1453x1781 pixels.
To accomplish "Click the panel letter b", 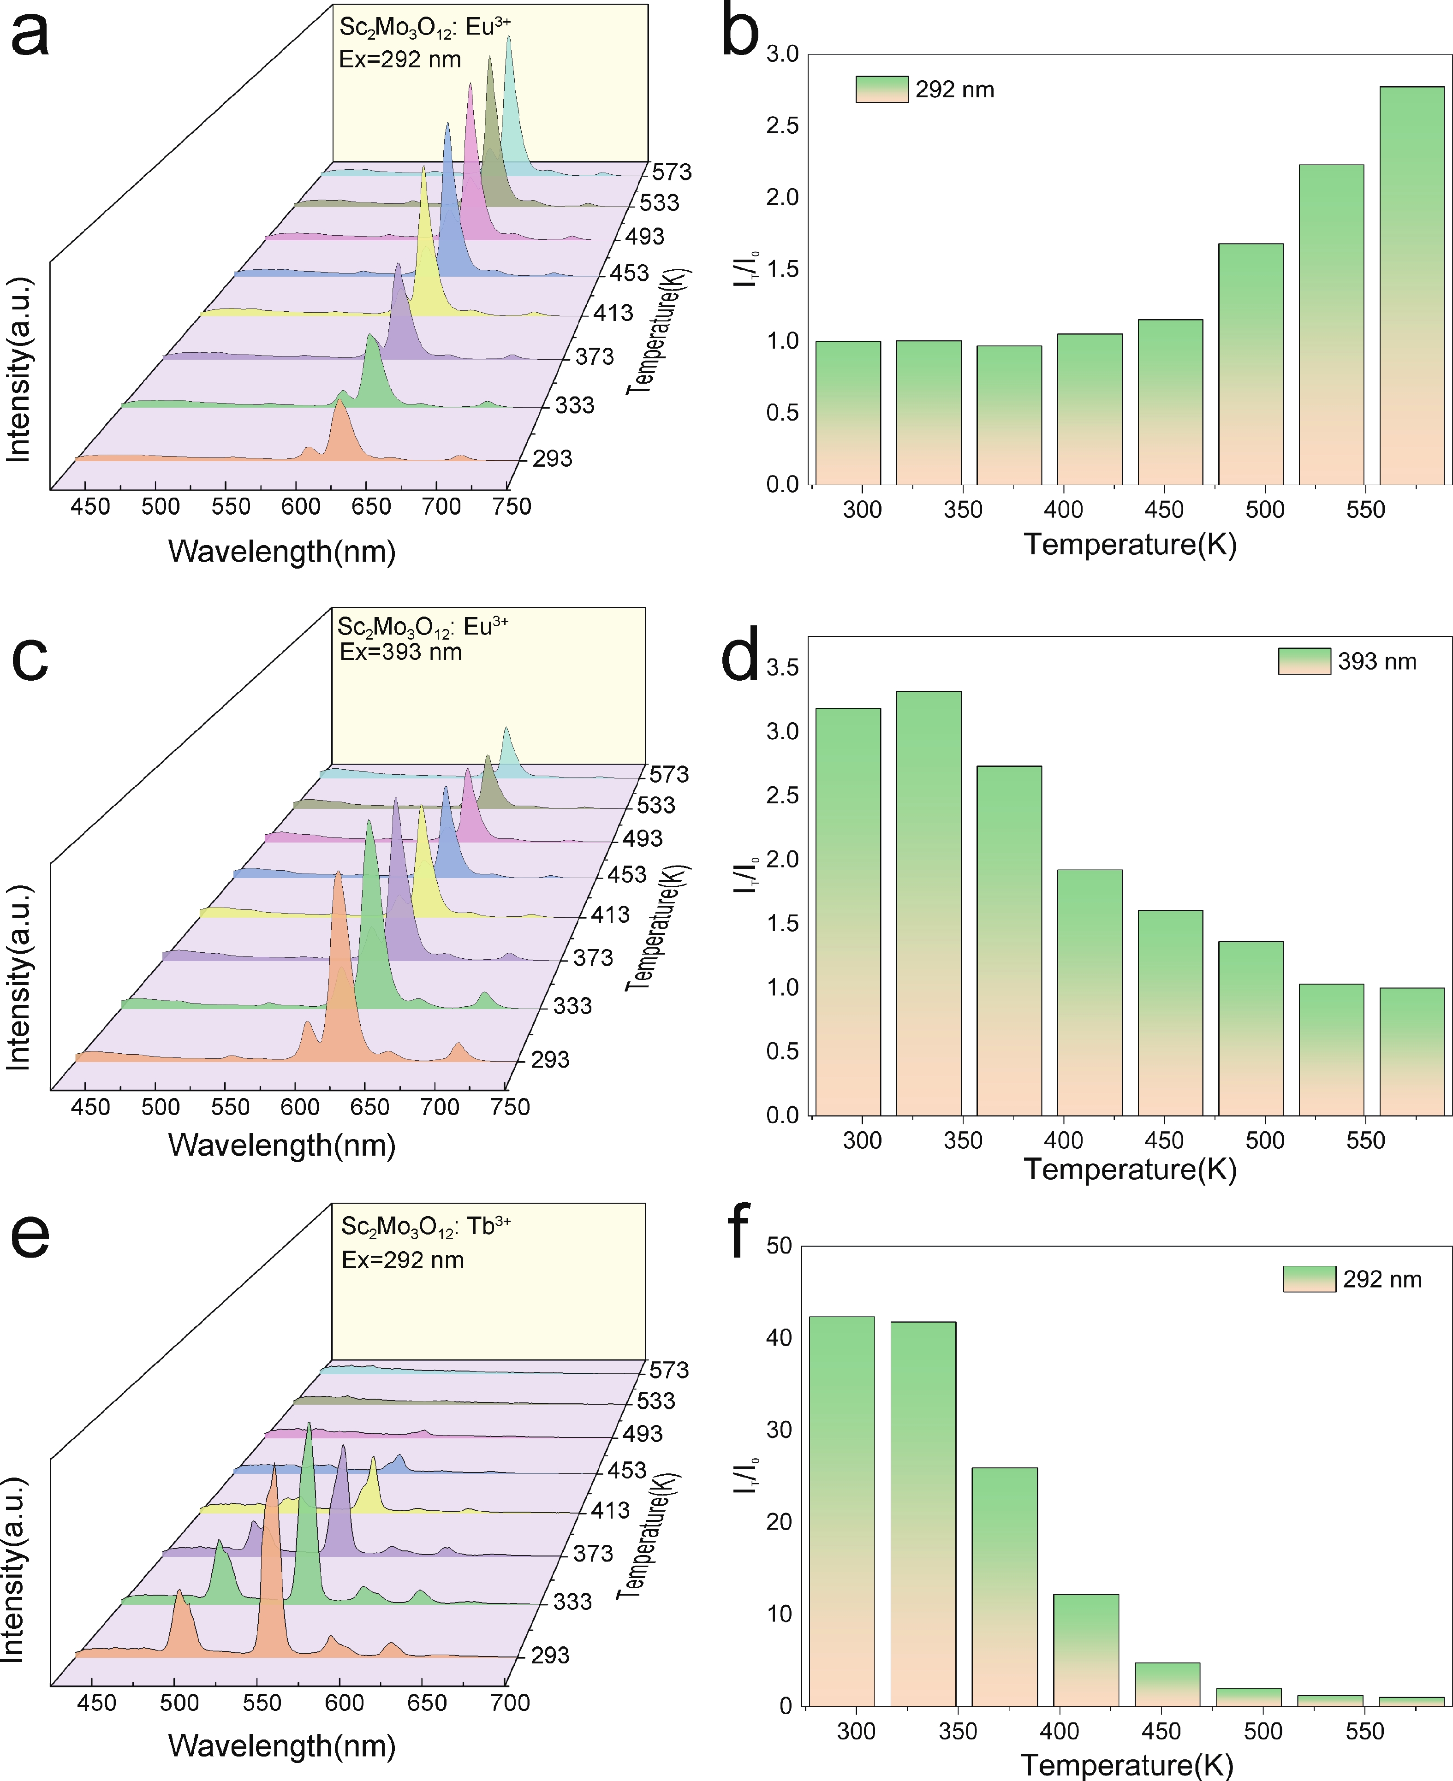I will pos(740,34).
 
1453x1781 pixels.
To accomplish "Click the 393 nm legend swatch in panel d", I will pos(1304,661).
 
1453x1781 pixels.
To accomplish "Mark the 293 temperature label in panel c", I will pos(550,1060).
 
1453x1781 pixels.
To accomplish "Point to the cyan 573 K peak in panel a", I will pos(509,101).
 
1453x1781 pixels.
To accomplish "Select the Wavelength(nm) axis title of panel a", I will pos(281,551).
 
